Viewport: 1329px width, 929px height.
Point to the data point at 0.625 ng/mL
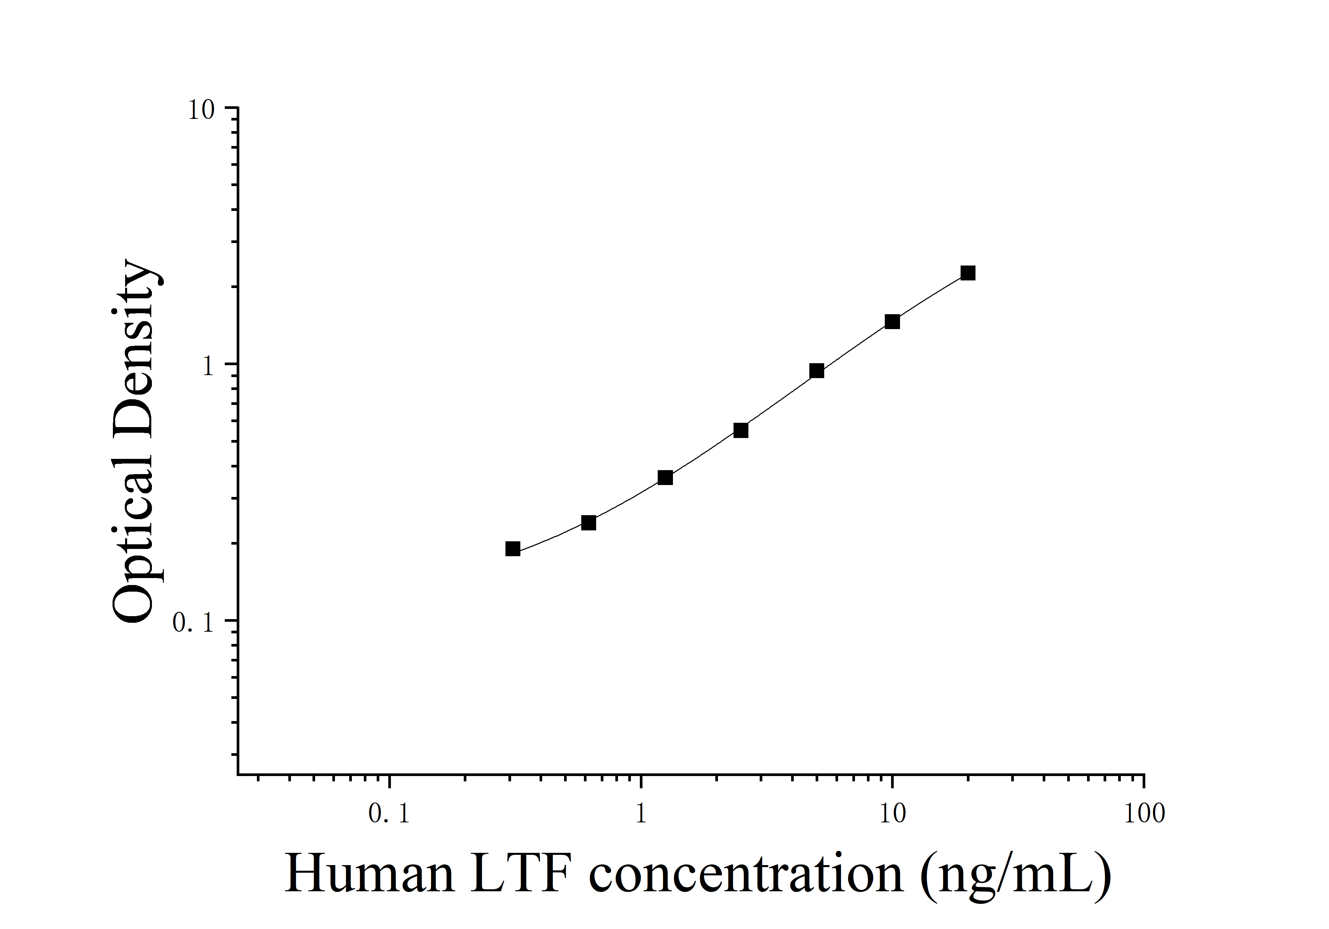589,523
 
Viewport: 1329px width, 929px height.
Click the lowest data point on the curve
513,549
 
